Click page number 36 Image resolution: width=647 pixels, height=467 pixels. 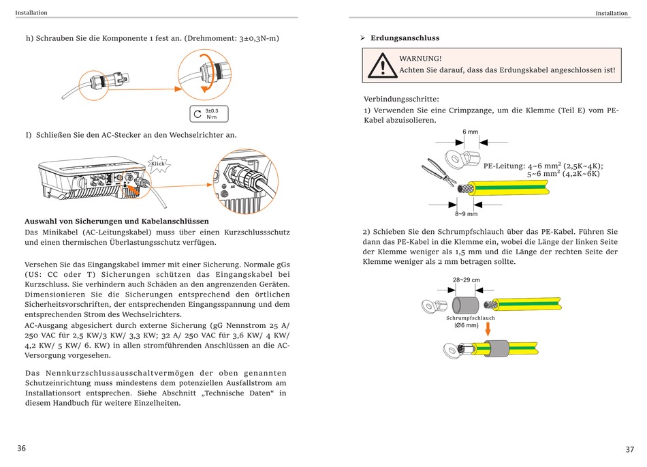pos(21,448)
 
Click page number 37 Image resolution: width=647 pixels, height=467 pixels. pos(629,449)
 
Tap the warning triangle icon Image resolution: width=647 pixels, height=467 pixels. pos(382,66)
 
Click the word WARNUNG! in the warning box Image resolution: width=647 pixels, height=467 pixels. pos(421,59)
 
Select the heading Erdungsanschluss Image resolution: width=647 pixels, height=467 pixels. pos(405,38)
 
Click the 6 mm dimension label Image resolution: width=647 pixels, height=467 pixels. pos(471,132)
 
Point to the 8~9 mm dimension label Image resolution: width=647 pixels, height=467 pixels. pos(466,213)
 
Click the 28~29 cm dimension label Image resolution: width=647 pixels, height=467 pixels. pos(466,280)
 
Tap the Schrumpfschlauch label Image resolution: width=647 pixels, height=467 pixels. pos(471,318)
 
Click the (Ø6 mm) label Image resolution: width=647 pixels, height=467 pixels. pos(467,325)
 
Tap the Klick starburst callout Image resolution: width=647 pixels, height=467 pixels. pos(159,164)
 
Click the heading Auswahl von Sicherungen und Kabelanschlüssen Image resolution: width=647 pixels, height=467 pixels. pos(116,221)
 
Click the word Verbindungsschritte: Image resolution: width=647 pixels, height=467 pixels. pos(401,99)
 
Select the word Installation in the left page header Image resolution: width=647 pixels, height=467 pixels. pos(31,12)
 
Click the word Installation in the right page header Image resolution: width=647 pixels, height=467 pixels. pos(612,13)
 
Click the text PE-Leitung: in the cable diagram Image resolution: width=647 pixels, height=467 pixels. pos(504,166)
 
